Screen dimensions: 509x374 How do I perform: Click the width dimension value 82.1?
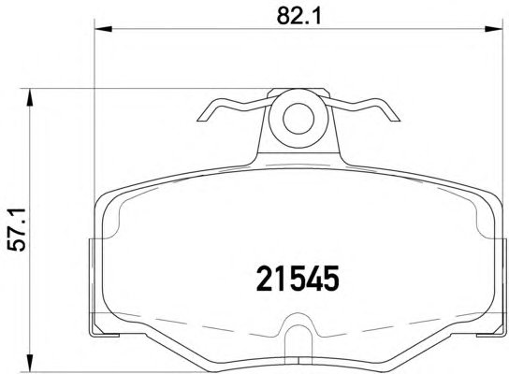click(299, 15)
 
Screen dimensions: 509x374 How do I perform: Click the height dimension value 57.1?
click(17, 230)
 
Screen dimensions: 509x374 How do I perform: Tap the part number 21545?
click(298, 279)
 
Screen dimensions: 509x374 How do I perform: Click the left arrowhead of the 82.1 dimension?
click(103, 29)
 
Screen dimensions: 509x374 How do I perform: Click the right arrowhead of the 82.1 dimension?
click(494, 29)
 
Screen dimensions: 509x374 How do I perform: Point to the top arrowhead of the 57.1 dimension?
click(30, 97)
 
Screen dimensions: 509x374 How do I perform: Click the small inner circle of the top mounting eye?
click(298, 119)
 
